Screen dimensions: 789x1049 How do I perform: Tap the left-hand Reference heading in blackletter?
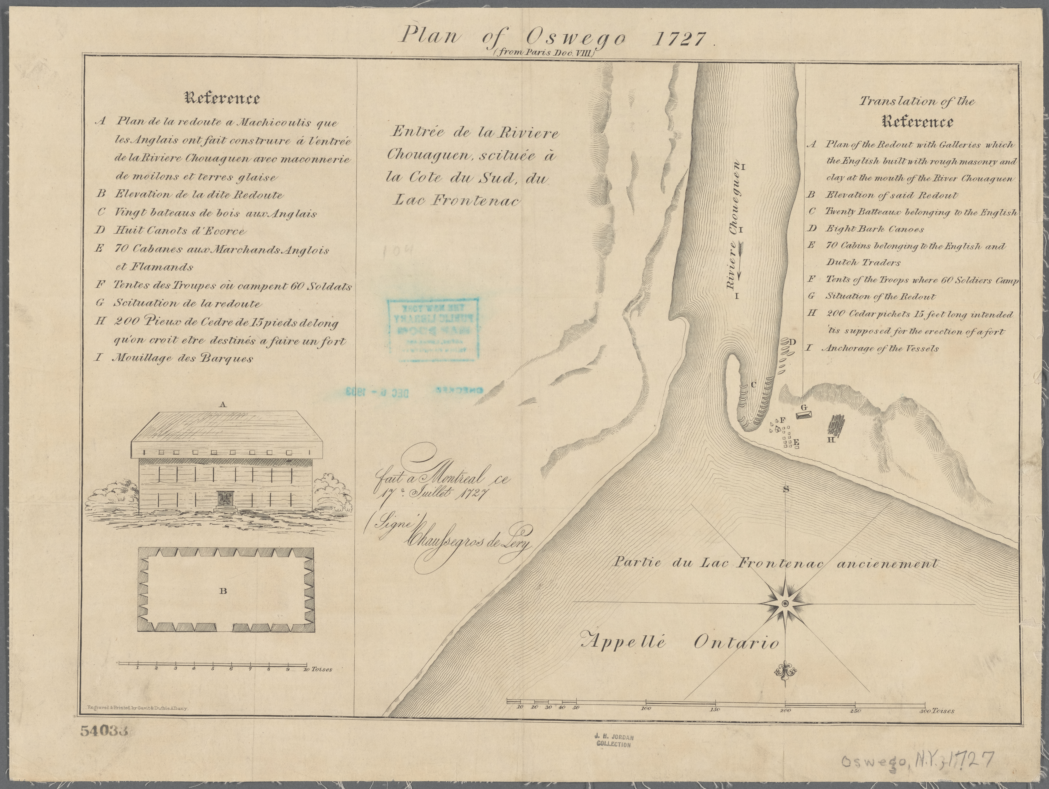[x=222, y=98]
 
